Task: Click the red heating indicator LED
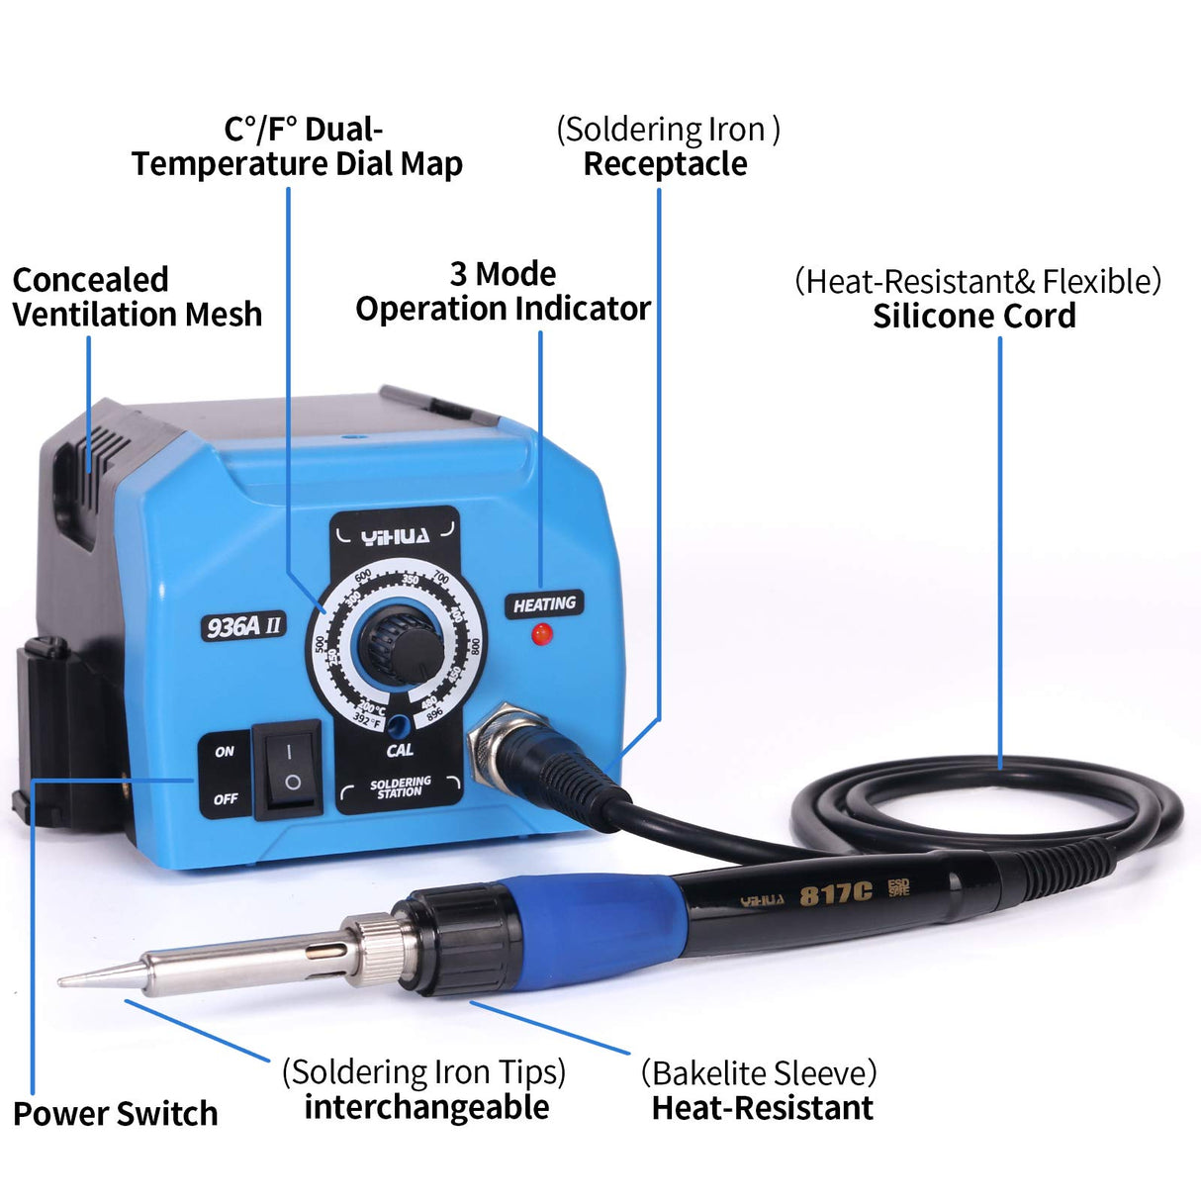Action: point(540,634)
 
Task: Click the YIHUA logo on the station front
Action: point(395,537)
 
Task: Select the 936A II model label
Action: point(243,626)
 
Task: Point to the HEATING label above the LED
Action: point(544,603)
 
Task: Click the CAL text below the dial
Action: point(400,750)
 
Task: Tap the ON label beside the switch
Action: point(225,752)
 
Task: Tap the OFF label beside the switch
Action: point(226,798)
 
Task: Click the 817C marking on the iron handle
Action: point(835,894)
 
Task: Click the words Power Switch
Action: point(115,1114)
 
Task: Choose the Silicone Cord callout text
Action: point(973,317)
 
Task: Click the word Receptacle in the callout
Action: point(665,164)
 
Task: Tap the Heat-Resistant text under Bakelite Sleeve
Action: point(762,1108)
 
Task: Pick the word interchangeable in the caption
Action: point(426,1107)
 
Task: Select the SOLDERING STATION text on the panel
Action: point(400,786)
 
